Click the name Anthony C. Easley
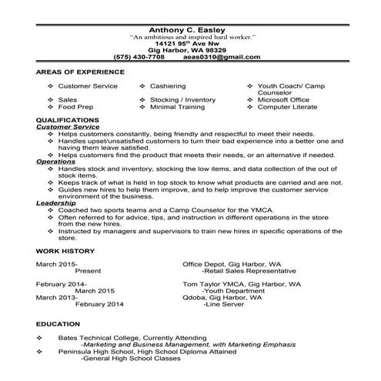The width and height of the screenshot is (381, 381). [x=190, y=29]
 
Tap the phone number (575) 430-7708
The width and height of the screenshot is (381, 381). [x=139, y=57]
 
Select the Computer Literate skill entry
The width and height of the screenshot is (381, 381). [x=285, y=107]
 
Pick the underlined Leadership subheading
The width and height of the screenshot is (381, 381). [x=55, y=202]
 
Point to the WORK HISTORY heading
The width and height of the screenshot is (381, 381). [x=65, y=250]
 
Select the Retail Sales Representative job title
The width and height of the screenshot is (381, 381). [x=252, y=271]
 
